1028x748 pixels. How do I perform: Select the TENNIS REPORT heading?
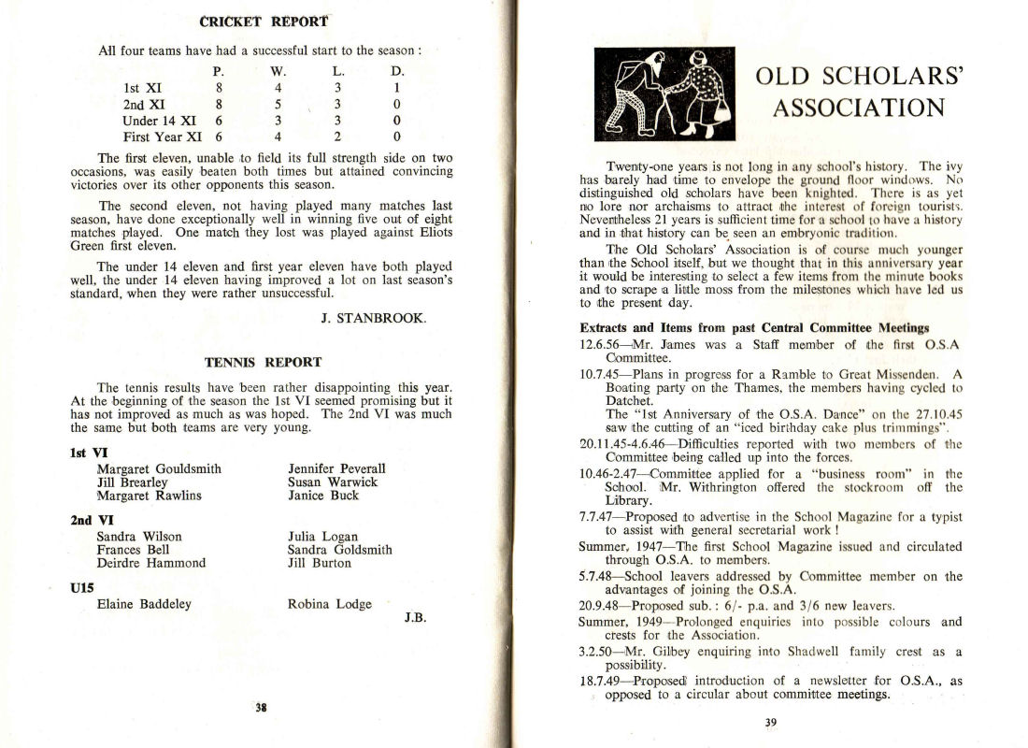tap(263, 362)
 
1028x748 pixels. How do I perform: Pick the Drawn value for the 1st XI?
tap(397, 89)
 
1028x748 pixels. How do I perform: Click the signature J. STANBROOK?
tap(373, 318)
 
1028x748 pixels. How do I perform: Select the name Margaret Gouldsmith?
tap(159, 468)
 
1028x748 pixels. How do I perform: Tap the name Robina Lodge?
tap(330, 604)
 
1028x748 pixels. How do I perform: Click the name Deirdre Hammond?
tap(151, 563)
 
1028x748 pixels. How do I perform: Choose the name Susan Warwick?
tap(333, 482)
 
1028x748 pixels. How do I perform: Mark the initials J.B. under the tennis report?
tap(416, 618)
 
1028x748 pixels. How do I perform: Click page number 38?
tap(262, 707)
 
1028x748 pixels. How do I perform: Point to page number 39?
tap(770, 722)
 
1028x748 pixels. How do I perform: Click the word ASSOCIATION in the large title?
tap(857, 108)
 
